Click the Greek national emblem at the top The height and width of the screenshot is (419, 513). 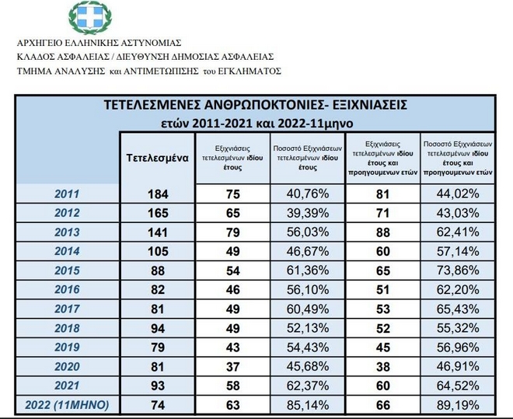(90, 16)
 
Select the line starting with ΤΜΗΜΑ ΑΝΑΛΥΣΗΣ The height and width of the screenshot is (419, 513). (148, 71)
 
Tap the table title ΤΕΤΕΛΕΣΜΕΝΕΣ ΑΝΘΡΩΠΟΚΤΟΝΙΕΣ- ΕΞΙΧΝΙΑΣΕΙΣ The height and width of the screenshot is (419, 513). (256, 104)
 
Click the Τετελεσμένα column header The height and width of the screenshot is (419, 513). (158, 157)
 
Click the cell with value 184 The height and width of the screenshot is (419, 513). (158, 194)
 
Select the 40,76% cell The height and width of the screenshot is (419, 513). (307, 194)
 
